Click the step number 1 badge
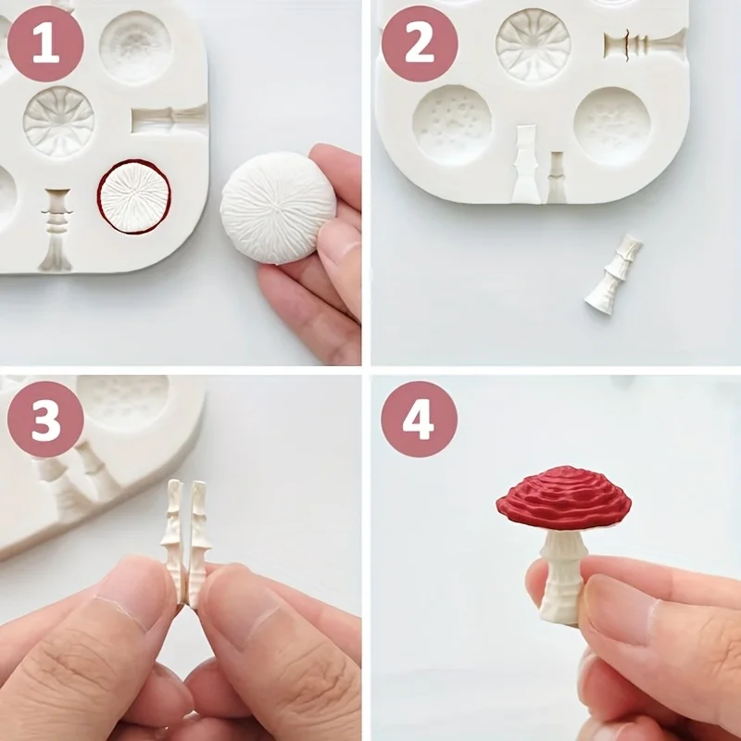tap(45, 44)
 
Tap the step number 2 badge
tap(419, 44)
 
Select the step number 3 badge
tap(45, 419)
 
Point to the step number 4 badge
tap(419, 419)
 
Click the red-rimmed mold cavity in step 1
tap(134, 196)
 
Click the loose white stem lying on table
tap(613, 274)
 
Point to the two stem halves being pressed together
tap(185, 542)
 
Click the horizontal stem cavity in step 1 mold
tap(170, 119)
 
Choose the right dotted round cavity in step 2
tap(611, 125)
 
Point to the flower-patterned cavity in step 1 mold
tap(58, 121)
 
